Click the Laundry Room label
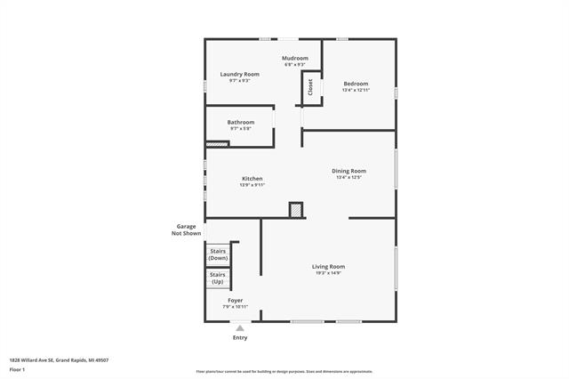click(240, 74)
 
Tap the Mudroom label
click(295, 58)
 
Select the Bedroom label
click(356, 84)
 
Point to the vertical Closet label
click(310, 87)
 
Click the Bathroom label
click(240, 122)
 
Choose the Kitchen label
click(252, 179)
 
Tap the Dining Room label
click(349, 171)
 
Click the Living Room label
click(328, 266)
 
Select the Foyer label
click(235, 301)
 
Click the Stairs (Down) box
click(218, 254)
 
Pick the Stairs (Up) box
click(218, 278)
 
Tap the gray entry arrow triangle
click(239, 328)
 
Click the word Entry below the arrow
click(240, 338)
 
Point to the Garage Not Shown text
click(185, 230)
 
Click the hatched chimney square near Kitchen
click(295, 211)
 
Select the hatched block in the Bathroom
click(217, 143)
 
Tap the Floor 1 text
click(17, 368)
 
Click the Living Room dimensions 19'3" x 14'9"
click(328, 273)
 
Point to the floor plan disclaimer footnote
click(284, 372)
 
